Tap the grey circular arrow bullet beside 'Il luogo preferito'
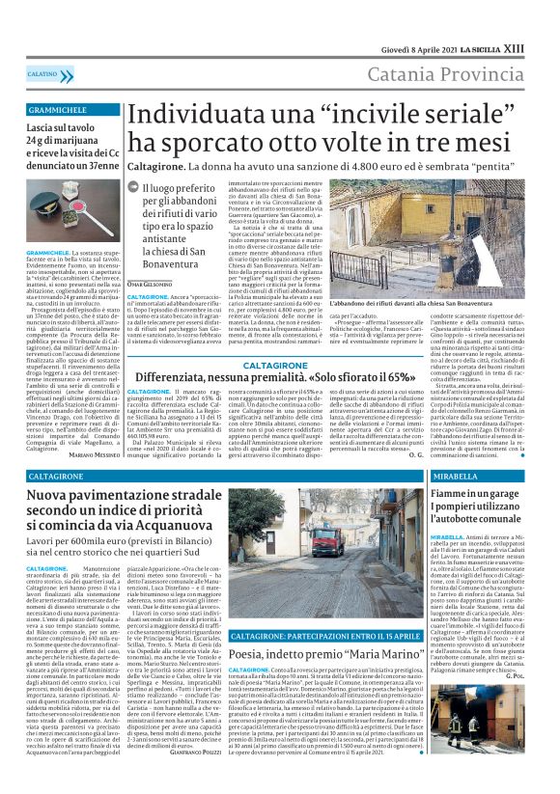click(147, 190)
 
